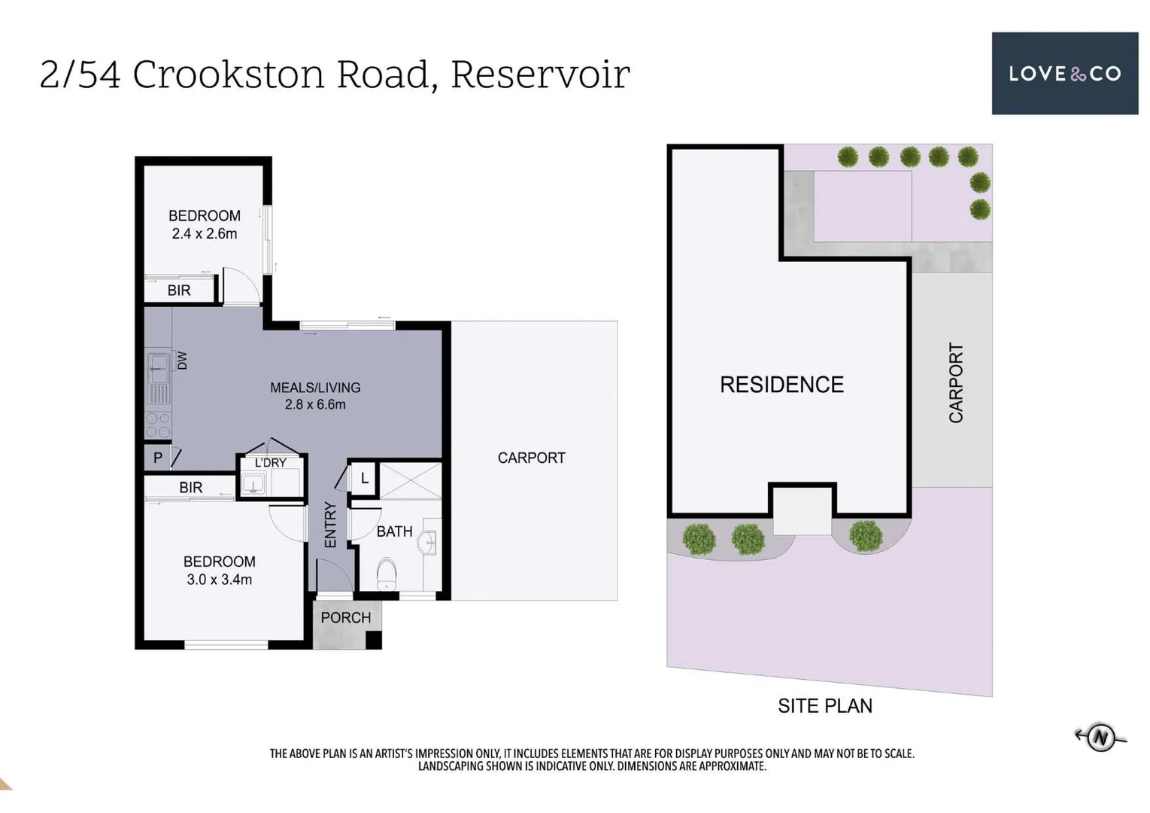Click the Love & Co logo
click(1064, 73)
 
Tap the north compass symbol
click(1100, 736)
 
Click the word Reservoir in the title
click(539, 75)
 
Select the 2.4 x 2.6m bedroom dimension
click(204, 234)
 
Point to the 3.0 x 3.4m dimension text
click(219, 580)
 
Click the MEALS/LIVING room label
click(315, 388)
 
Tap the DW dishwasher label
click(182, 361)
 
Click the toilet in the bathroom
click(387, 574)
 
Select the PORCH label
click(345, 618)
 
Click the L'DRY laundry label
click(270, 463)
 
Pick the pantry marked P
click(158, 458)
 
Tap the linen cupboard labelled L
click(365, 478)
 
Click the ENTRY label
click(330, 525)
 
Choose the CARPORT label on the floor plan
click(531, 458)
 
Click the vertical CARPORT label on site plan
click(955, 382)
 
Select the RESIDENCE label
click(781, 385)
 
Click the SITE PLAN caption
click(824, 706)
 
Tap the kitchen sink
click(159, 369)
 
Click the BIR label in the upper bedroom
click(179, 291)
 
